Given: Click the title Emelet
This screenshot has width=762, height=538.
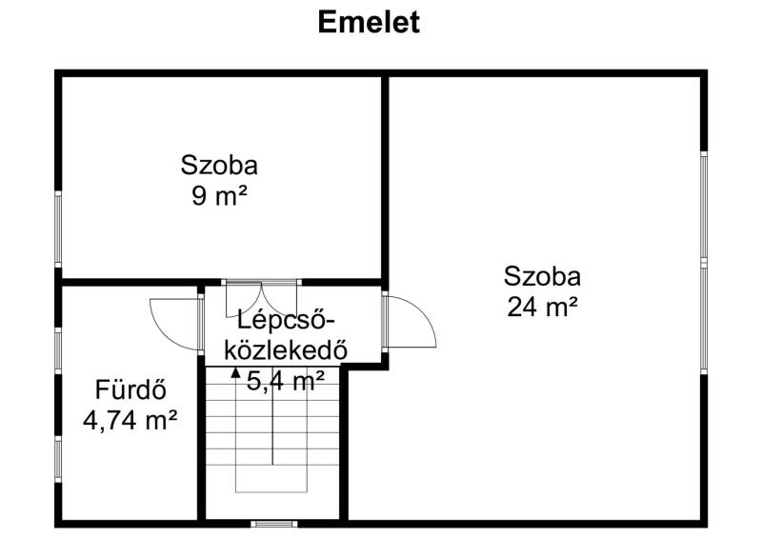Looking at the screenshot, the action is (369, 22).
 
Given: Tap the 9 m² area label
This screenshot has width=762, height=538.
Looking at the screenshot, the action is (219, 196).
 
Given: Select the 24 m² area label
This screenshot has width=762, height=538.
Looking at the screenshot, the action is (542, 308).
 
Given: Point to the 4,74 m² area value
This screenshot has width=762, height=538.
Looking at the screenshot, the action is (130, 420).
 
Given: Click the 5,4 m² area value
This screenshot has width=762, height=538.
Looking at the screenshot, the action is (285, 381).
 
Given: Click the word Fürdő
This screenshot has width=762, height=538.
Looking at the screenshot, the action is (130, 389).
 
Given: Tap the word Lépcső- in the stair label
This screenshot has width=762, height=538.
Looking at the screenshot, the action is (287, 320).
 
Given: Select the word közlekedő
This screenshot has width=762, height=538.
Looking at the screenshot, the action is (286, 349).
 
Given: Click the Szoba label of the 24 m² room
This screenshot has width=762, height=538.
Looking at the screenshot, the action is (542, 276).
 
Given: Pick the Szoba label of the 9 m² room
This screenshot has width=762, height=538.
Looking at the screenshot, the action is (219, 166).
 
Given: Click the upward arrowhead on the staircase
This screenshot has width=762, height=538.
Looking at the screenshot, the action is (235, 372).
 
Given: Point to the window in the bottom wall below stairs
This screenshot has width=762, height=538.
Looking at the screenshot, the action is (274, 524).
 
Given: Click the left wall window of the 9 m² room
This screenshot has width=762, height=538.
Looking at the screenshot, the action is (58, 229).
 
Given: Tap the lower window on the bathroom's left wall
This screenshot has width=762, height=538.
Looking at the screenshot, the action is (58, 458).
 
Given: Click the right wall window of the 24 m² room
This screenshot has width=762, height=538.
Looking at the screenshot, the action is (704, 263).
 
